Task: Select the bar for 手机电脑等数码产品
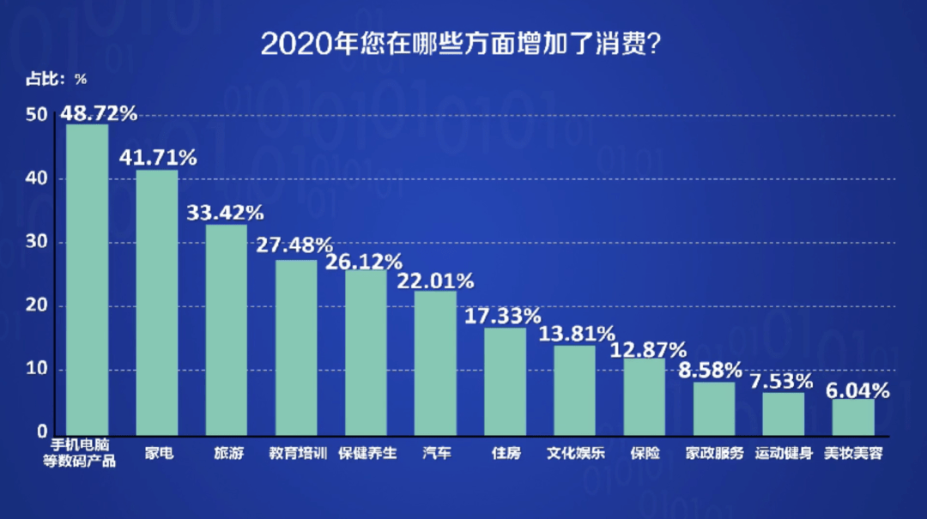88,280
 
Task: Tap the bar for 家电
157,302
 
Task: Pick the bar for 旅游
227,330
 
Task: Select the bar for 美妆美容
852,416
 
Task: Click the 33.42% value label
226,213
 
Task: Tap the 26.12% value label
364,262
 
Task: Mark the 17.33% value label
503,316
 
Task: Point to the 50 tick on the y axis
36,115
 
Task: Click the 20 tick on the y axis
36,306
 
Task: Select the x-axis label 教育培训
297,452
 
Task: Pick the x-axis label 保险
645,452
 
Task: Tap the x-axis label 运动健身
784,452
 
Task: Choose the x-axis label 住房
506,452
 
